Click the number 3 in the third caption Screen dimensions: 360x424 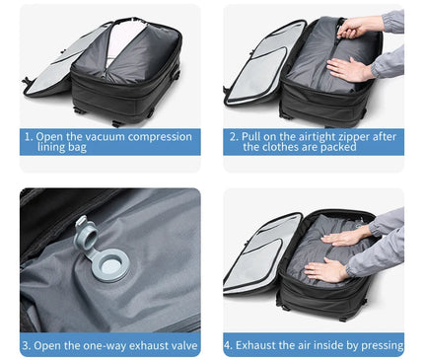[x=28, y=346]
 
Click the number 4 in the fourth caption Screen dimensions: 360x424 [x=229, y=346]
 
